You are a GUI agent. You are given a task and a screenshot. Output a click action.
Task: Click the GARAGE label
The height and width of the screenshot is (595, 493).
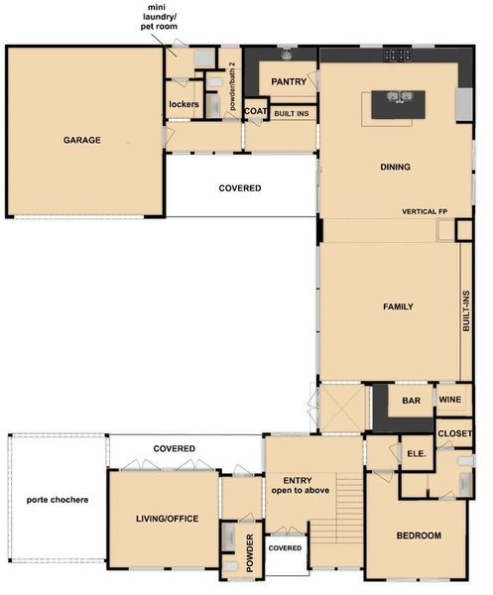(83, 140)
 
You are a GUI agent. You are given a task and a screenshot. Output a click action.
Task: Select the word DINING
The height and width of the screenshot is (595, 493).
(395, 167)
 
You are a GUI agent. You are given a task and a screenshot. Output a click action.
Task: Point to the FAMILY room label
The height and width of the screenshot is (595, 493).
(398, 306)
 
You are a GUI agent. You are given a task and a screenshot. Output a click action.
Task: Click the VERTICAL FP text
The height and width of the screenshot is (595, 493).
(427, 212)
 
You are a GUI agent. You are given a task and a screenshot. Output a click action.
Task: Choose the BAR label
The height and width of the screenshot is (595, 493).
(411, 401)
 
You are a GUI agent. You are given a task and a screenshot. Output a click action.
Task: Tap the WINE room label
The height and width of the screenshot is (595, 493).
(450, 401)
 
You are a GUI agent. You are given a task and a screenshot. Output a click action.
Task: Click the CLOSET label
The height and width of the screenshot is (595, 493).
(454, 433)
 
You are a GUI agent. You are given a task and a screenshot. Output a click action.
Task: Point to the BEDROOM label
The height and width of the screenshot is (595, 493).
(418, 535)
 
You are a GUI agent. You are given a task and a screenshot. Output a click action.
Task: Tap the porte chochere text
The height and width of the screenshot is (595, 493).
(57, 499)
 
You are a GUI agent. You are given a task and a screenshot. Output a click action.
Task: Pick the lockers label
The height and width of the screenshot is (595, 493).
(184, 104)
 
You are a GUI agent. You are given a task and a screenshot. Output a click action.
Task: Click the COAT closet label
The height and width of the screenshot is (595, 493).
(255, 112)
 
